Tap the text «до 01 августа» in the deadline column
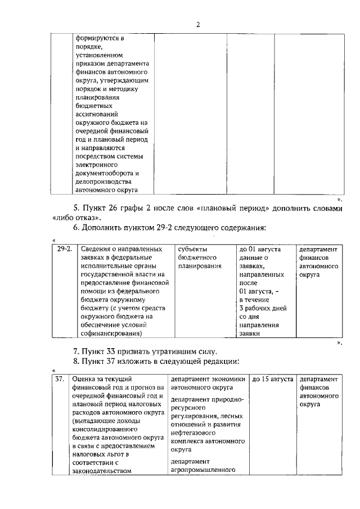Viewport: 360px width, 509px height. (x=259, y=249)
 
